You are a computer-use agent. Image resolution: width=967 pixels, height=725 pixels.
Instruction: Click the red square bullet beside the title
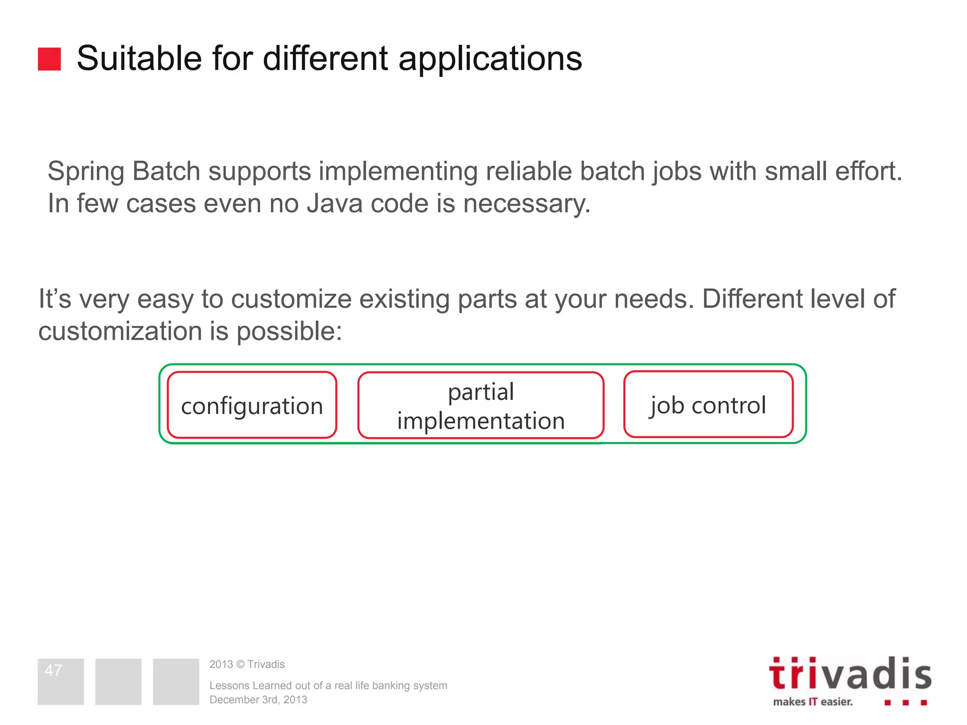coord(49,59)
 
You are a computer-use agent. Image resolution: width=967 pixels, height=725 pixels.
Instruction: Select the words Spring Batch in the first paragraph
coord(124,171)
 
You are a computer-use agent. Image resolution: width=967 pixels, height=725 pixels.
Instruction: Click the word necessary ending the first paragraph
coord(526,204)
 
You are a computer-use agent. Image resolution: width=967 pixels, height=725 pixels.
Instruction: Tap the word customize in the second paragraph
coord(291,299)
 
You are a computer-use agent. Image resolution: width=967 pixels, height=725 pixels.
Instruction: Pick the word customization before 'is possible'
coord(120,331)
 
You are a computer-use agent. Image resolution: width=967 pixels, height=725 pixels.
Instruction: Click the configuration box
coord(252,405)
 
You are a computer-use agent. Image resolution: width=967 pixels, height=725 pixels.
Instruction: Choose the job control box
coord(708,405)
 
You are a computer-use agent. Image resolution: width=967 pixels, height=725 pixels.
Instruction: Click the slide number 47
coord(53,670)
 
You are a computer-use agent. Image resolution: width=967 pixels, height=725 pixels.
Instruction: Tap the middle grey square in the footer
coord(118,682)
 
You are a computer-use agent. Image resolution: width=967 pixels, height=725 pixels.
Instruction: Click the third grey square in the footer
coord(176,682)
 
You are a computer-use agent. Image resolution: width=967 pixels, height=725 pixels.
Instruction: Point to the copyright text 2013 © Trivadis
coord(247,664)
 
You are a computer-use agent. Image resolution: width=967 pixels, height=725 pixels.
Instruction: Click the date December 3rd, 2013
coord(258,700)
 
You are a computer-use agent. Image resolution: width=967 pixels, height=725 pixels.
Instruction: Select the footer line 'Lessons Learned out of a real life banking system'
coord(328,685)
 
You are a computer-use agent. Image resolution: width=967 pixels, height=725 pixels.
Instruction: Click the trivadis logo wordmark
coord(849,674)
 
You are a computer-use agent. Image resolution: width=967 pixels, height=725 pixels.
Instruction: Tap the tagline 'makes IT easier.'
coord(813,702)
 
